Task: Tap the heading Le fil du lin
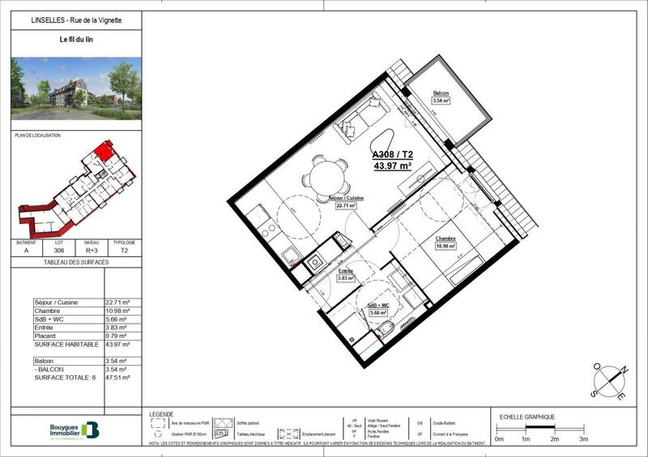click(x=76, y=40)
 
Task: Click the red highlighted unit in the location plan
click(x=103, y=150)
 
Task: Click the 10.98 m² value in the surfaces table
click(x=117, y=311)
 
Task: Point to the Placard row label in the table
click(x=46, y=336)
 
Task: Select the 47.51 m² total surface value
click(x=117, y=377)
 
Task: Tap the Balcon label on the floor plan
click(x=441, y=94)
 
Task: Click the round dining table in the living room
click(x=324, y=175)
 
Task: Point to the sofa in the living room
click(x=361, y=117)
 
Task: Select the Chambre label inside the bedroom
click(x=446, y=239)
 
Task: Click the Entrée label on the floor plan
click(x=346, y=271)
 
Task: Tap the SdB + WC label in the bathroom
click(x=378, y=305)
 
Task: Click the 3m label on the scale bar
click(x=583, y=438)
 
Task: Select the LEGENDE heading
click(x=161, y=414)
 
